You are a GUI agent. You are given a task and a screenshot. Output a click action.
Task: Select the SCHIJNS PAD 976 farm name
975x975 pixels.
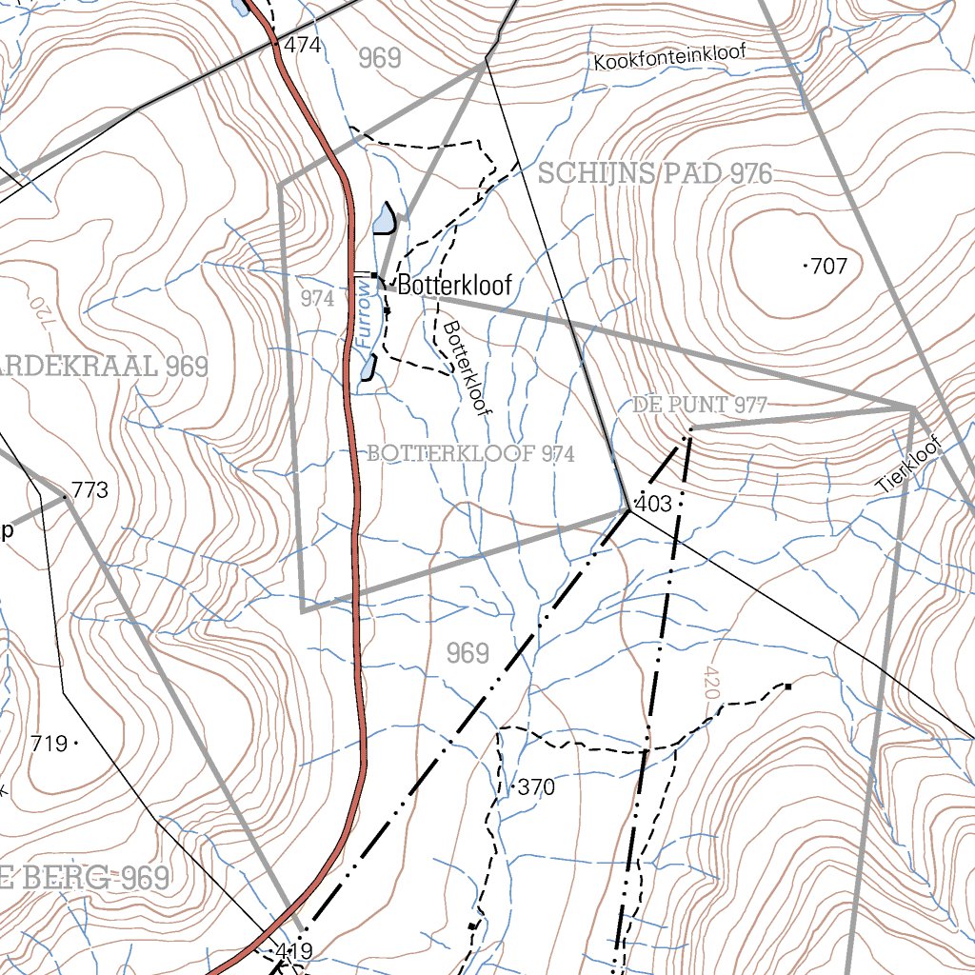655,173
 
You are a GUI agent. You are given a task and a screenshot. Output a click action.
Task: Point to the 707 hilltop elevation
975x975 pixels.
829,267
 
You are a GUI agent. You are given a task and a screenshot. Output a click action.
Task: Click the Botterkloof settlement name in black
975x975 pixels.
454,285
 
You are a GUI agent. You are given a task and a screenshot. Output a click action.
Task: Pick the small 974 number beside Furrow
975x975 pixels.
317,298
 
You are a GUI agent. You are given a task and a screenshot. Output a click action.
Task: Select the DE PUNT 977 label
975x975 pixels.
700,406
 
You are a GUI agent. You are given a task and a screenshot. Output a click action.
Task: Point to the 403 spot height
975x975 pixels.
653,504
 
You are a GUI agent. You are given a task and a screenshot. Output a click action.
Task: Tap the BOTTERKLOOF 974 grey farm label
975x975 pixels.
470,454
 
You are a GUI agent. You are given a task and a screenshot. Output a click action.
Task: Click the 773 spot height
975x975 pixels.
90,491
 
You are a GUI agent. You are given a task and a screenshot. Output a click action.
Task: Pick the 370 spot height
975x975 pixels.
536,787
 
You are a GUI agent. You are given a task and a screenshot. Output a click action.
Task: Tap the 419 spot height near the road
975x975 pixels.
293,950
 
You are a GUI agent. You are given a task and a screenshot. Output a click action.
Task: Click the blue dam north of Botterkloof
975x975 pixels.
384,219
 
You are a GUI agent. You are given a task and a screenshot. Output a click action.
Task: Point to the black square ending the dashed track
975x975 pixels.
788,685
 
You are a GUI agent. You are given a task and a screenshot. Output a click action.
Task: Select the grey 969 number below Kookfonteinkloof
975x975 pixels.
380,58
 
